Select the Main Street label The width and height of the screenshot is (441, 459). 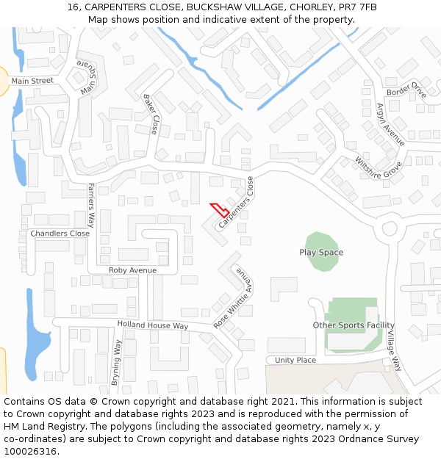tap(32, 81)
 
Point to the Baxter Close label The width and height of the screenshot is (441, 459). tap(151, 114)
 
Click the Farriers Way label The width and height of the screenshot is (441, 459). tap(91, 204)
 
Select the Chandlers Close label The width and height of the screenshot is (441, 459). tap(60, 234)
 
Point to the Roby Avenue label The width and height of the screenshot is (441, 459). tap(132, 270)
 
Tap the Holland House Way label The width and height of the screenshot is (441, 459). tap(153, 325)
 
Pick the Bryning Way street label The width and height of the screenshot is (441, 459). tap(115, 363)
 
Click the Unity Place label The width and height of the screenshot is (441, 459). tap(295, 360)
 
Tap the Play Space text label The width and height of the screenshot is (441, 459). tap(321, 253)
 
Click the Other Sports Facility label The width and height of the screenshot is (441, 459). tap(354, 325)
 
